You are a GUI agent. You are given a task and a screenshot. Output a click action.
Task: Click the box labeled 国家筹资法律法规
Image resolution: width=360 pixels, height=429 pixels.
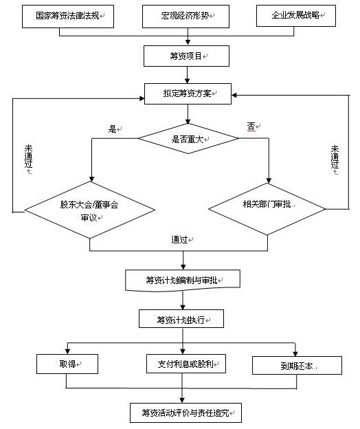coord(68,16)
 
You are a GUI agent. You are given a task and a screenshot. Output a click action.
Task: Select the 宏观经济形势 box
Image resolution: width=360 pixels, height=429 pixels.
coord(185,16)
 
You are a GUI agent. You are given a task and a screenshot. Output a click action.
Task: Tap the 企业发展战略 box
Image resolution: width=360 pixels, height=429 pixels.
coord(295,15)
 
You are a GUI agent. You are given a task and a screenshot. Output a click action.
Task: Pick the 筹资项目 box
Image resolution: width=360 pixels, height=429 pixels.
coord(186,56)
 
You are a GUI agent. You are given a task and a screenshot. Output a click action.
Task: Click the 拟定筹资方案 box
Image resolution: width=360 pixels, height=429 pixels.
coord(188,93)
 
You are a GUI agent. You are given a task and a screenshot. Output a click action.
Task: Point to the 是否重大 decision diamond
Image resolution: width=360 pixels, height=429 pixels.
coord(188,138)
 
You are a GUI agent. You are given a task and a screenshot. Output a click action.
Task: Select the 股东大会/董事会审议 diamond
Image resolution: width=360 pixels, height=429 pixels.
coord(90,210)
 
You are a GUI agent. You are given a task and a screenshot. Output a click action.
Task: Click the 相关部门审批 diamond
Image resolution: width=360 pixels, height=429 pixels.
coord(267,209)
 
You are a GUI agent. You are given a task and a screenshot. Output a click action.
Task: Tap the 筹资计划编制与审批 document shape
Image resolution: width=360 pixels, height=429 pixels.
coord(183,280)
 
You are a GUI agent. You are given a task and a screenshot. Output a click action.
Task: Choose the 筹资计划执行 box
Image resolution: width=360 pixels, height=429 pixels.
coord(181,319)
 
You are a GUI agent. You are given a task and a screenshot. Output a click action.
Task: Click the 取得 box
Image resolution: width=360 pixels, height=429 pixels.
coord(67,364)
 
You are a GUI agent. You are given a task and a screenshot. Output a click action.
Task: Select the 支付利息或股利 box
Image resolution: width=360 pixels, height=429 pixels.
coord(186,364)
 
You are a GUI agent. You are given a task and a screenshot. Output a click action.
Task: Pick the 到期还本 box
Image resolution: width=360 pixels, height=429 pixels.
coord(297,365)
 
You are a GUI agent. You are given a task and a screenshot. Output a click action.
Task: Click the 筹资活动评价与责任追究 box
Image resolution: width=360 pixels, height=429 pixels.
coord(186,412)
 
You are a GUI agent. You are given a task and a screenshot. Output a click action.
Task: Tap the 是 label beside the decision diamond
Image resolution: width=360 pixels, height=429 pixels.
coord(113,129)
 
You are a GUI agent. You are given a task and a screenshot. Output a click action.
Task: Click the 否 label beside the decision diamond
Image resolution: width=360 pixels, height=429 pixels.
coord(251,126)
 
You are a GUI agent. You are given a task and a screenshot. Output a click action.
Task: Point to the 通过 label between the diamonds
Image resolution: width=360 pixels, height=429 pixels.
coord(179,240)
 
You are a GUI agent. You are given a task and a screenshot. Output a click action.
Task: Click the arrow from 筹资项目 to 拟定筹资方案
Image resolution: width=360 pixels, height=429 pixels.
coord(188,75)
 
